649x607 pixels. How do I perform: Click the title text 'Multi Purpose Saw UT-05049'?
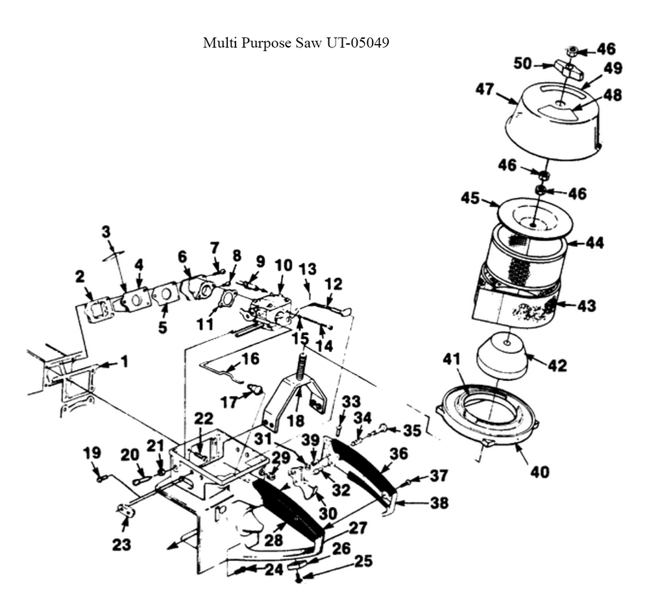(296, 43)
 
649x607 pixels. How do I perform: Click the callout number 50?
(522, 64)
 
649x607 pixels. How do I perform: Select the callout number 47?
(485, 89)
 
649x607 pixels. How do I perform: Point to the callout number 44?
(594, 242)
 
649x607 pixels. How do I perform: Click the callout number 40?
(539, 471)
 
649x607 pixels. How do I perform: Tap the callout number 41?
(451, 358)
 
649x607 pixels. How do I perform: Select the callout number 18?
(295, 421)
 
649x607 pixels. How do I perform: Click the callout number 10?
(284, 266)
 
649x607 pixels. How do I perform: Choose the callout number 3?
(106, 232)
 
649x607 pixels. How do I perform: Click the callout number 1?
(124, 362)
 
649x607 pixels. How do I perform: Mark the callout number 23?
(121, 545)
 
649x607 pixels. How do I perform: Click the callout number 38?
(439, 503)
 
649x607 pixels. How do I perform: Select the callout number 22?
(203, 419)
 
